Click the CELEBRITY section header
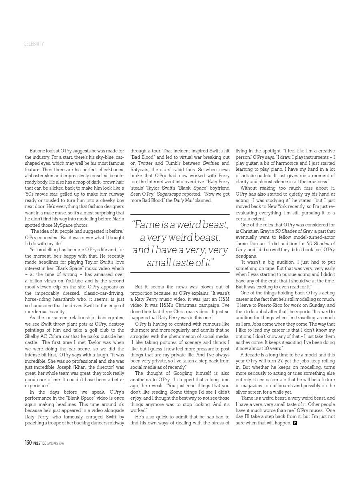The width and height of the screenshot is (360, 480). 34,44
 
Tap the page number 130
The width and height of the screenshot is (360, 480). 28,443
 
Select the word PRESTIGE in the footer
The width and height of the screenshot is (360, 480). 40,443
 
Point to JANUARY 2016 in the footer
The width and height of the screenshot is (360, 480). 56,443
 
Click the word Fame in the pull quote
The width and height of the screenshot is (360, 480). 146,225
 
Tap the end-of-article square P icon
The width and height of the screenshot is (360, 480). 295,423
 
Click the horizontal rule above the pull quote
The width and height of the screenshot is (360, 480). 180,214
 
